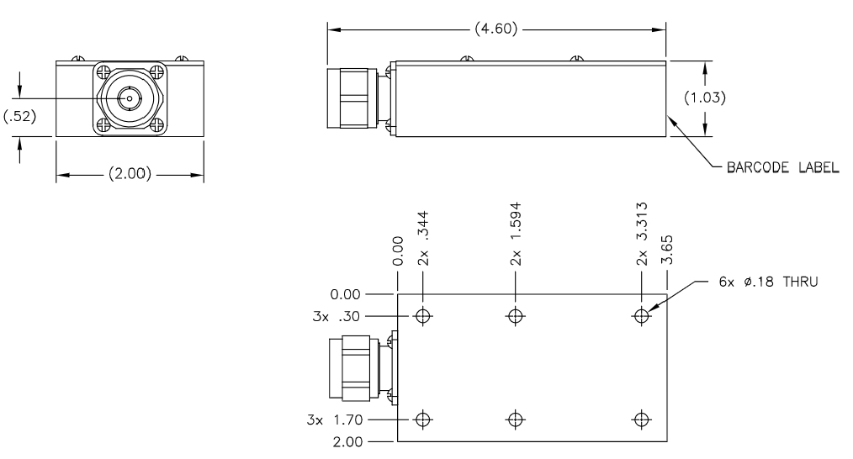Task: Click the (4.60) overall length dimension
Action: click(x=495, y=29)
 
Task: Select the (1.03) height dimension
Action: click(x=704, y=98)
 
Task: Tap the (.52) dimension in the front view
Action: click(x=19, y=116)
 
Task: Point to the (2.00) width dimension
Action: click(x=130, y=174)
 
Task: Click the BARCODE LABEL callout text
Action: click(x=782, y=167)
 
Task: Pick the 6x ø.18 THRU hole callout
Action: click(x=768, y=282)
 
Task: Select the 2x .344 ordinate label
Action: click(x=423, y=238)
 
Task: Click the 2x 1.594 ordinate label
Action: click(x=516, y=234)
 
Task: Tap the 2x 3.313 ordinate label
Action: click(x=642, y=234)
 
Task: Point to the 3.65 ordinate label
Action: click(x=667, y=250)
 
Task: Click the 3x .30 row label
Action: click(x=336, y=317)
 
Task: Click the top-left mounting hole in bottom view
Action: click(x=423, y=315)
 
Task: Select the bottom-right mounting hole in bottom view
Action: click(x=642, y=419)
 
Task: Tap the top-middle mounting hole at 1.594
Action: click(x=516, y=315)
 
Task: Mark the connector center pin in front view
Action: click(x=130, y=98)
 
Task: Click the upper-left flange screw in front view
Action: click(x=103, y=71)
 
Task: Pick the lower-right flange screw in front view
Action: click(x=157, y=125)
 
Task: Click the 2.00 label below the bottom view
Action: click(x=347, y=441)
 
